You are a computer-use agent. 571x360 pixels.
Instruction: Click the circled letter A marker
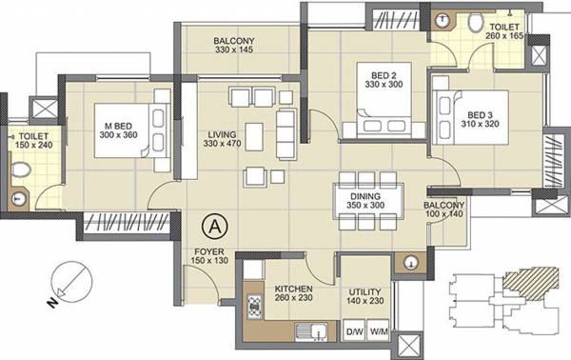[x=216, y=228]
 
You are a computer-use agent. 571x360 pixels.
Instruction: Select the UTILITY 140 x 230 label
[x=366, y=292]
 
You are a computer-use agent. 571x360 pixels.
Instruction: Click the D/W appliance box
[x=355, y=331]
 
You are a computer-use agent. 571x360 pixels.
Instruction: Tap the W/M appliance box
[x=378, y=331]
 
